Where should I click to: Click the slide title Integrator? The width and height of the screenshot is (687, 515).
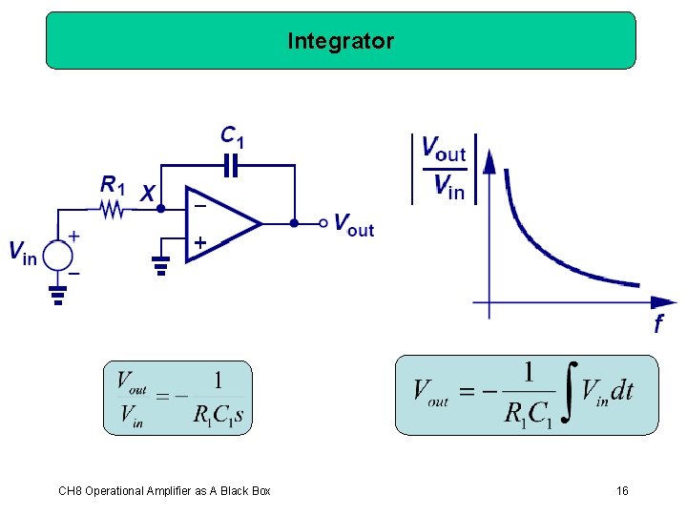[x=341, y=41]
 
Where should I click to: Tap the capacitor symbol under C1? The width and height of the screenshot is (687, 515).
[x=230, y=167]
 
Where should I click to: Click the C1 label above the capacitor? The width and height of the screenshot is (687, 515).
[x=232, y=137]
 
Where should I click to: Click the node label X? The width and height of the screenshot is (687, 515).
[x=147, y=194]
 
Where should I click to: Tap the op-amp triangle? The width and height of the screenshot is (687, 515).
[x=221, y=224]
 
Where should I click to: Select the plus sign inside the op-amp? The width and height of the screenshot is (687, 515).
[x=200, y=243]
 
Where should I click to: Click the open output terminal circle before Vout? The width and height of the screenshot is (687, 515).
[x=323, y=224]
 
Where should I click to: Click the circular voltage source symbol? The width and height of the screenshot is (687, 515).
[x=58, y=255]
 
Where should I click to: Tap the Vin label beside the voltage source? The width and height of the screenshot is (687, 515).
[x=23, y=253]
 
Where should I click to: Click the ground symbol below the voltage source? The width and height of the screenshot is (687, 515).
[x=58, y=297]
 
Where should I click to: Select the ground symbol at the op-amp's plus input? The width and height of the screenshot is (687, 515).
[x=161, y=265]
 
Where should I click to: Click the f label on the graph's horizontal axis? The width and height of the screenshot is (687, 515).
[x=658, y=325]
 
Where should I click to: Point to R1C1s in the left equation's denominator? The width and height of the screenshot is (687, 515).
[x=219, y=416]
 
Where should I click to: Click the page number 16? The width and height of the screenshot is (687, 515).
[x=622, y=491]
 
